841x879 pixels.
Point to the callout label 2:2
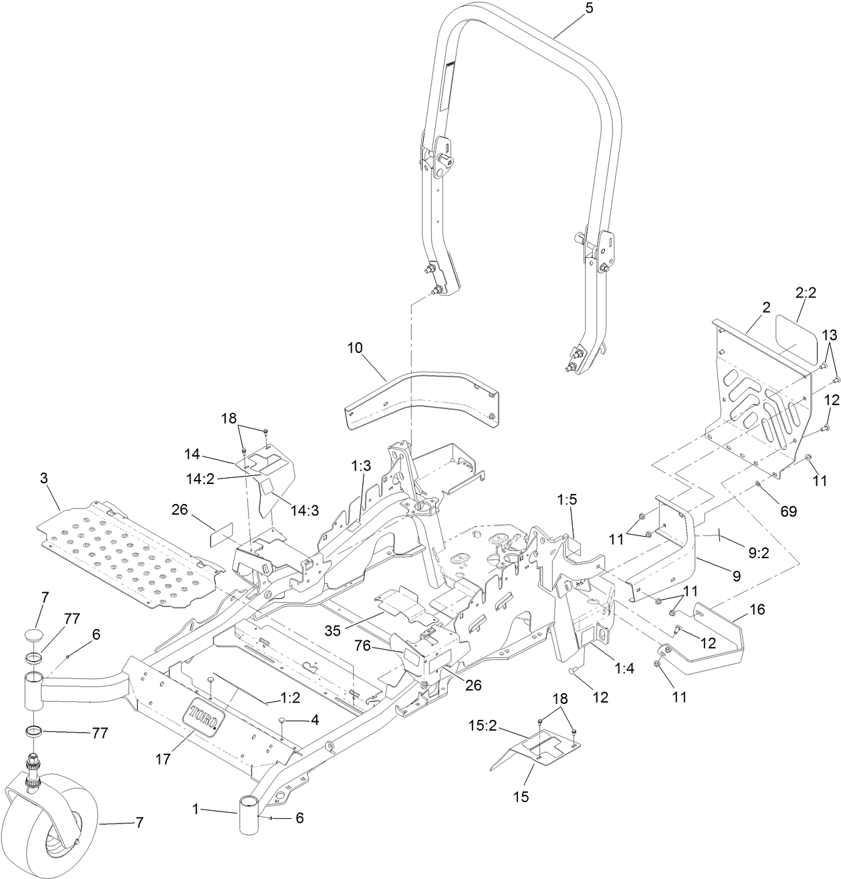(806, 293)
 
